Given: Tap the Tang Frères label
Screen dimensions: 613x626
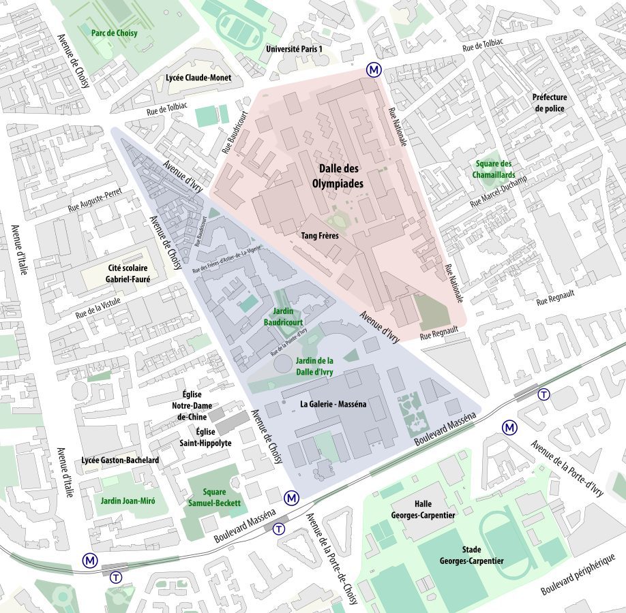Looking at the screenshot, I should coord(320,236).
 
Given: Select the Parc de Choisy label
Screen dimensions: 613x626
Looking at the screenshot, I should coord(115,32).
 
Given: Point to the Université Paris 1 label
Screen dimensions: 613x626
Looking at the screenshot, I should coord(294,50).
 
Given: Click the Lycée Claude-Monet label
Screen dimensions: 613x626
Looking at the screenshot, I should coord(198,78).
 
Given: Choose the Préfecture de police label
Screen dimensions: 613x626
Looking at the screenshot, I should coord(550,103).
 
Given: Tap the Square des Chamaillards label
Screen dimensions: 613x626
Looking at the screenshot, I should coord(494,169).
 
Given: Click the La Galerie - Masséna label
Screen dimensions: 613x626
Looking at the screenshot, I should coord(333,404).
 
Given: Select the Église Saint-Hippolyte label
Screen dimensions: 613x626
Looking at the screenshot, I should coord(205,437).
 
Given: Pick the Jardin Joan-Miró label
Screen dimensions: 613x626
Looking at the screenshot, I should coord(128,501).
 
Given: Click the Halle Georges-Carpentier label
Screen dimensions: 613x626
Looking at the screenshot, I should coord(423,510).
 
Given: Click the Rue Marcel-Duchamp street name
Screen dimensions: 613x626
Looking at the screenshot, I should coord(504,188).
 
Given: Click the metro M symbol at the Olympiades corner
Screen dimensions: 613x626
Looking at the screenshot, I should coord(374,69).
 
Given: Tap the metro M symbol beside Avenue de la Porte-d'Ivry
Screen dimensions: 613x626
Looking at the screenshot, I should coord(509,427).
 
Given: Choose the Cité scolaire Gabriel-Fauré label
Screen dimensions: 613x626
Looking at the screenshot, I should coord(128,274).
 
